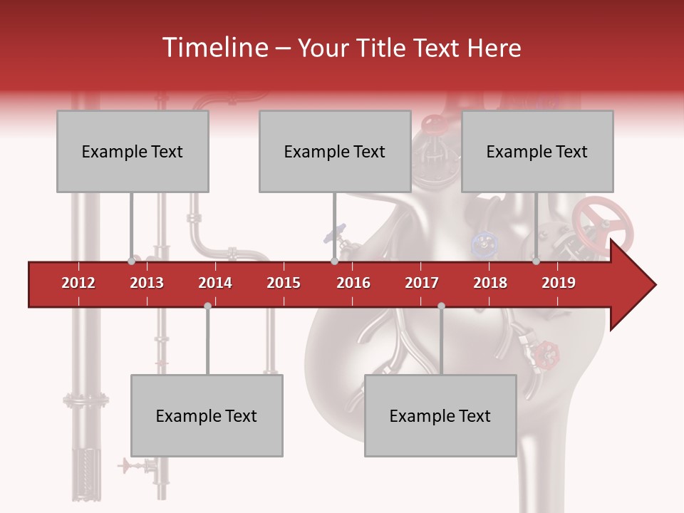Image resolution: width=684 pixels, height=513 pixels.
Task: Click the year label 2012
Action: pyautogui.click(x=78, y=283)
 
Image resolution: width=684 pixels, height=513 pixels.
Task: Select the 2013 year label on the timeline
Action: pyautogui.click(x=147, y=283)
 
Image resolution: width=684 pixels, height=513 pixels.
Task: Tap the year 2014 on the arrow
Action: pyautogui.click(x=215, y=283)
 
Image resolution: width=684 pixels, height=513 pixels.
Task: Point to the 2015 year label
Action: pyautogui.click(x=284, y=283)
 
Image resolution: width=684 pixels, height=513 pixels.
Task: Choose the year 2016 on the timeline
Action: pyautogui.click(x=353, y=283)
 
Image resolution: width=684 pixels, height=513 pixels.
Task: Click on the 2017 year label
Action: pyautogui.click(x=422, y=283)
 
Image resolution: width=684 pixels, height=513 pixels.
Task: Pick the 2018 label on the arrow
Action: pyautogui.click(x=490, y=283)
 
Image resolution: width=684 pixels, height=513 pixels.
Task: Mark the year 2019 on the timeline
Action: pyautogui.click(x=559, y=283)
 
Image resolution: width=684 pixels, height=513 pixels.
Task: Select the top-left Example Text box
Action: pyautogui.click(x=133, y=151)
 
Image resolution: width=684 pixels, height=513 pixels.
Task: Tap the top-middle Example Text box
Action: pyautogui.click(x=335, y=151)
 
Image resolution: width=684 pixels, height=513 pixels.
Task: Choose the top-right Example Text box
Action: pyautogui.click(x=537, y=151)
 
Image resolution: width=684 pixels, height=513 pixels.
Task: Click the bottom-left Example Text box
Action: pyautogui.click(x=207, y=415)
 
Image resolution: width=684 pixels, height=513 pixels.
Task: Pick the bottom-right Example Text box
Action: pyautogui.click(x=440, y=415)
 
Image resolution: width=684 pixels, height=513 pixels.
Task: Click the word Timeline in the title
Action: pyautogui.click(x=213, y=48)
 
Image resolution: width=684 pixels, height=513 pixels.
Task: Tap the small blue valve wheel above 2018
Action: pyautogui.click(x=484, y=244)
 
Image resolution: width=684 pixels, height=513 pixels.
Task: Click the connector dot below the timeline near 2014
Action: pyautogui.click(x=207, y=306)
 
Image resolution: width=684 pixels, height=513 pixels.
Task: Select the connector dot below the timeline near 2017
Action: pyautogui.click(x=441, y=306)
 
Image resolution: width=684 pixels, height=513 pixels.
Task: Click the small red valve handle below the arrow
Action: pyautogui.click(x=548, y=351)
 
